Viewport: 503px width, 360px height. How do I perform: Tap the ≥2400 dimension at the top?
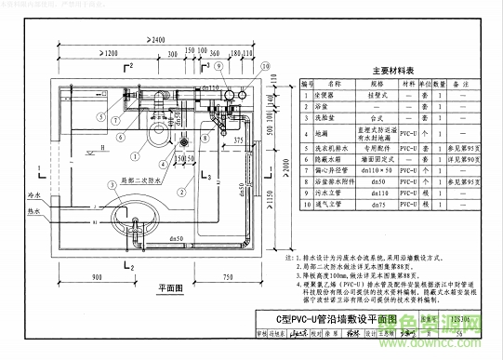tap(162, 39)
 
